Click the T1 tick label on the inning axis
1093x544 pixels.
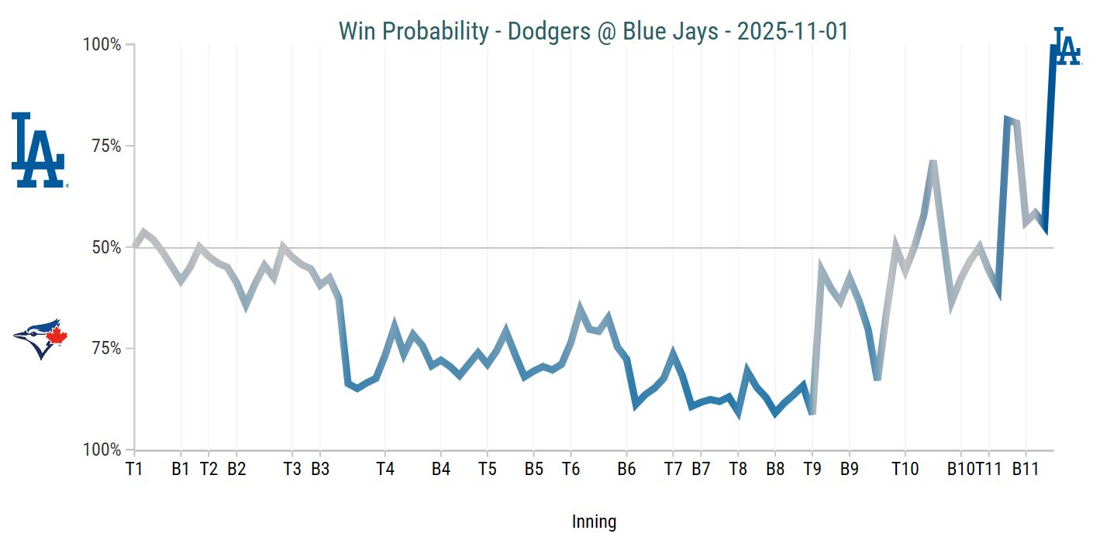point(135,469)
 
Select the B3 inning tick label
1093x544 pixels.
point(320,469)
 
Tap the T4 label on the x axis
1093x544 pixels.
point(385,469)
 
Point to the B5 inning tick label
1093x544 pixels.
point(533,469)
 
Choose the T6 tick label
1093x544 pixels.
point(571,469)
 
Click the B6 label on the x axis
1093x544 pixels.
point(626,469)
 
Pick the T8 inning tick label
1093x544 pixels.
point(738,469)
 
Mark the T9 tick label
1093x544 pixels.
point(812,469)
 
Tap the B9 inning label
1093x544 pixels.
point(850,469)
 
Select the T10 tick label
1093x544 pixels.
point(905,469)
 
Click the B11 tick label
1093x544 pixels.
point(1026,469)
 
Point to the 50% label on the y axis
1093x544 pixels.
point(107,248)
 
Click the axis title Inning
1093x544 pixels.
point(594,522)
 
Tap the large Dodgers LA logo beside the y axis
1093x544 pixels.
point(38,150)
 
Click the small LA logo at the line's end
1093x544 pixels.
point(1067,47)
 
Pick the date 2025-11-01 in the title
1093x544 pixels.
point(792,32)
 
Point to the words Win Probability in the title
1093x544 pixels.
point(413,32)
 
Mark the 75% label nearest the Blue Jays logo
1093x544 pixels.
point(107,349)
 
